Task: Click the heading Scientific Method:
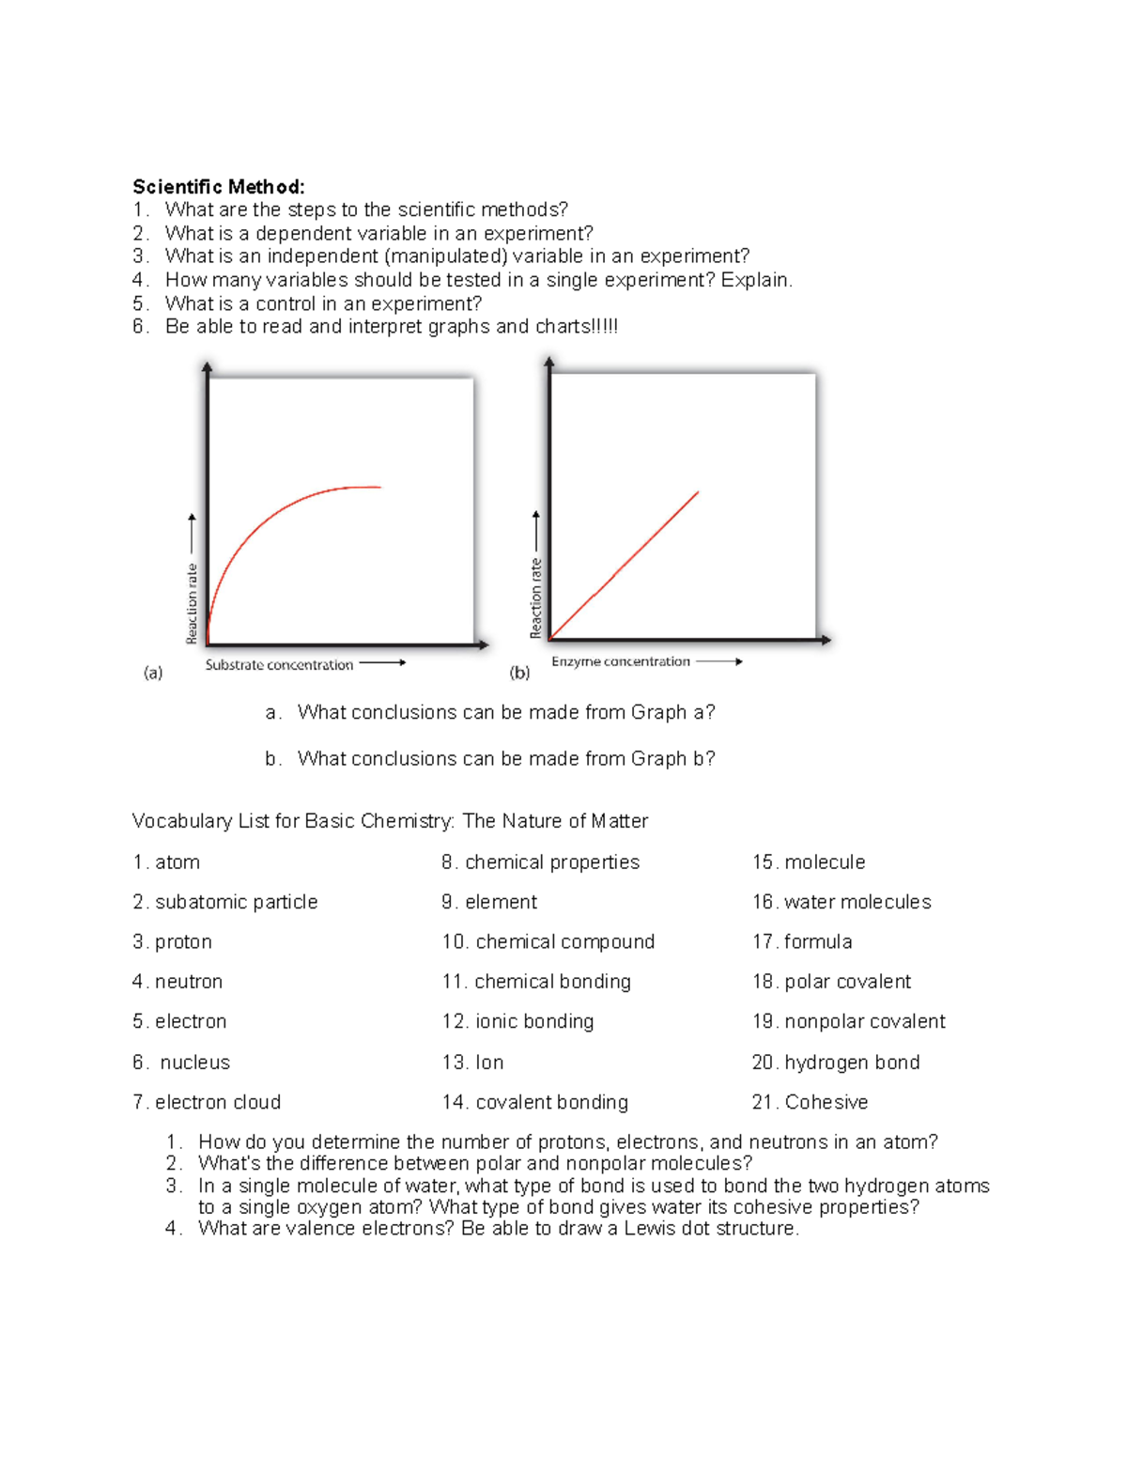218,187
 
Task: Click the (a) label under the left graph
153,673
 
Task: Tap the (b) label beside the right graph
519,673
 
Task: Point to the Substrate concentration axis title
279,665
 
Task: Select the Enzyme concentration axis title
621,661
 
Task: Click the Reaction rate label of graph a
193,603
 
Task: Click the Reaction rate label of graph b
536,598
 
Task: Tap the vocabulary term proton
183,942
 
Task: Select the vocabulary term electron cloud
218,1102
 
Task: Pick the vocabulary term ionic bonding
534,1021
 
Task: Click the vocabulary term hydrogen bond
852,1063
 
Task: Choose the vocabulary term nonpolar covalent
865,1021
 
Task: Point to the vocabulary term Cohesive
826,1102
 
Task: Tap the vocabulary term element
502,902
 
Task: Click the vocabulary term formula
818,942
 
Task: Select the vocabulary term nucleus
194,1063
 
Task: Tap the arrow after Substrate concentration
382,662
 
